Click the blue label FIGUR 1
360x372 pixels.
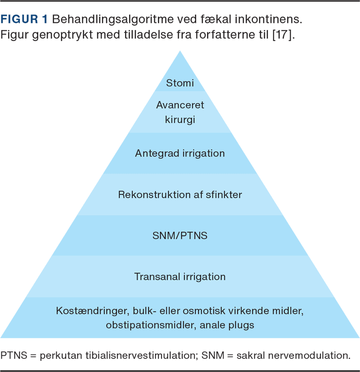click(x=25, y=20)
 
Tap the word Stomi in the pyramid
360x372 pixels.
click(x=180, y=83)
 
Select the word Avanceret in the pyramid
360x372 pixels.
click(x=180, y=105)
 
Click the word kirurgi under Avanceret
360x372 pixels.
click(x=180, y=120)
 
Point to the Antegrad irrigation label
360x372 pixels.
click(x=180, y=153)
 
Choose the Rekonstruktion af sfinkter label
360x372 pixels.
click(x=180, y=195)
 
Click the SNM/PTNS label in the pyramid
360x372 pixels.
click(x=180, y=235)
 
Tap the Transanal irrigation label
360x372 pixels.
click(x=180, y=276)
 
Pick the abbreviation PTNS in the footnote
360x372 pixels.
click(x=13, y=355)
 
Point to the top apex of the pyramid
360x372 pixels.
click(x=180, y=51)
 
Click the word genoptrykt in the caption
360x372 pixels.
click(x=52, y=36)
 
